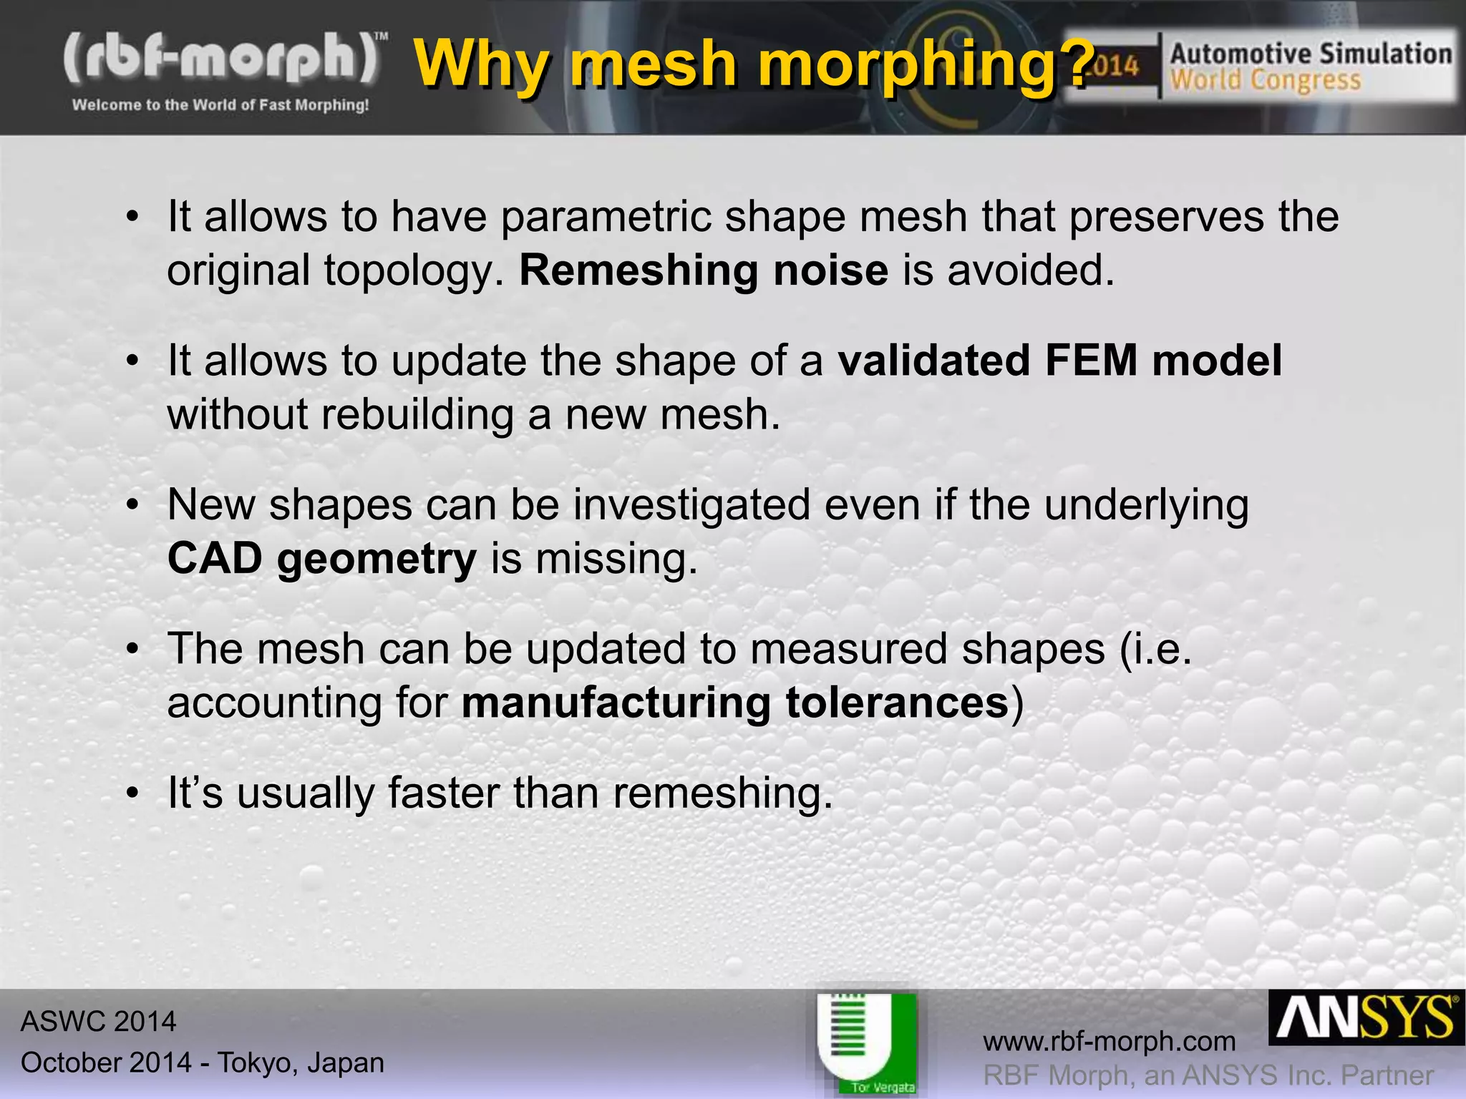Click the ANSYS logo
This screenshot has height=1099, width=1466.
1366,1018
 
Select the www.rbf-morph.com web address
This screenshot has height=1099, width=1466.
1110,1041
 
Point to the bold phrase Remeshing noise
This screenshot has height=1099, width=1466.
704,270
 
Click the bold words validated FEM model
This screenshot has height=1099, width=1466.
1059,360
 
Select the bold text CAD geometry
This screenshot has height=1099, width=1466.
321,558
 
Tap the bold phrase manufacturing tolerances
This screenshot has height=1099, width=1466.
735,703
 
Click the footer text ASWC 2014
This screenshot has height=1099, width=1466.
98,1021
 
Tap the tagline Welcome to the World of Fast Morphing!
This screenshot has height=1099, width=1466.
220,105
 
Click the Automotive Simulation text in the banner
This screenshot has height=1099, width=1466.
1311,54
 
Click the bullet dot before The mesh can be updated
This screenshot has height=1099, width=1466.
132,650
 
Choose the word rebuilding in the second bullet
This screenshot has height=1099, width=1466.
417,415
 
